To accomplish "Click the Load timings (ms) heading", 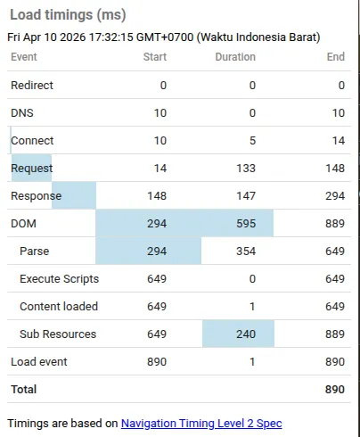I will click(x=68, y=15).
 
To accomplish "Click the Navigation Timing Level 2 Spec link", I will click(x=201, y=424).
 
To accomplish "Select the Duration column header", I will click(x=235, y=57).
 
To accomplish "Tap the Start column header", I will click(x=155, y=57).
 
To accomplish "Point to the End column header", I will click(x=336, y=57).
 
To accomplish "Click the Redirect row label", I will click(x=32, y=86).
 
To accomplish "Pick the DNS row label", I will click(x=22, y=113).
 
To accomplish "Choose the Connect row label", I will click(x=32, y=141).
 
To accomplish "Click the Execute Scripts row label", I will click(x=59, y=279).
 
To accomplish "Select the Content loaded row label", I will click(x=58, y=307).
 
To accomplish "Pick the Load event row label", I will click(x=38, y=362).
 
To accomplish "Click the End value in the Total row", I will click(x=336, y=390).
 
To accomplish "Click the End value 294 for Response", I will click(x=336, y=196).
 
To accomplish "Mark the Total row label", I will click(x=24, y=390).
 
